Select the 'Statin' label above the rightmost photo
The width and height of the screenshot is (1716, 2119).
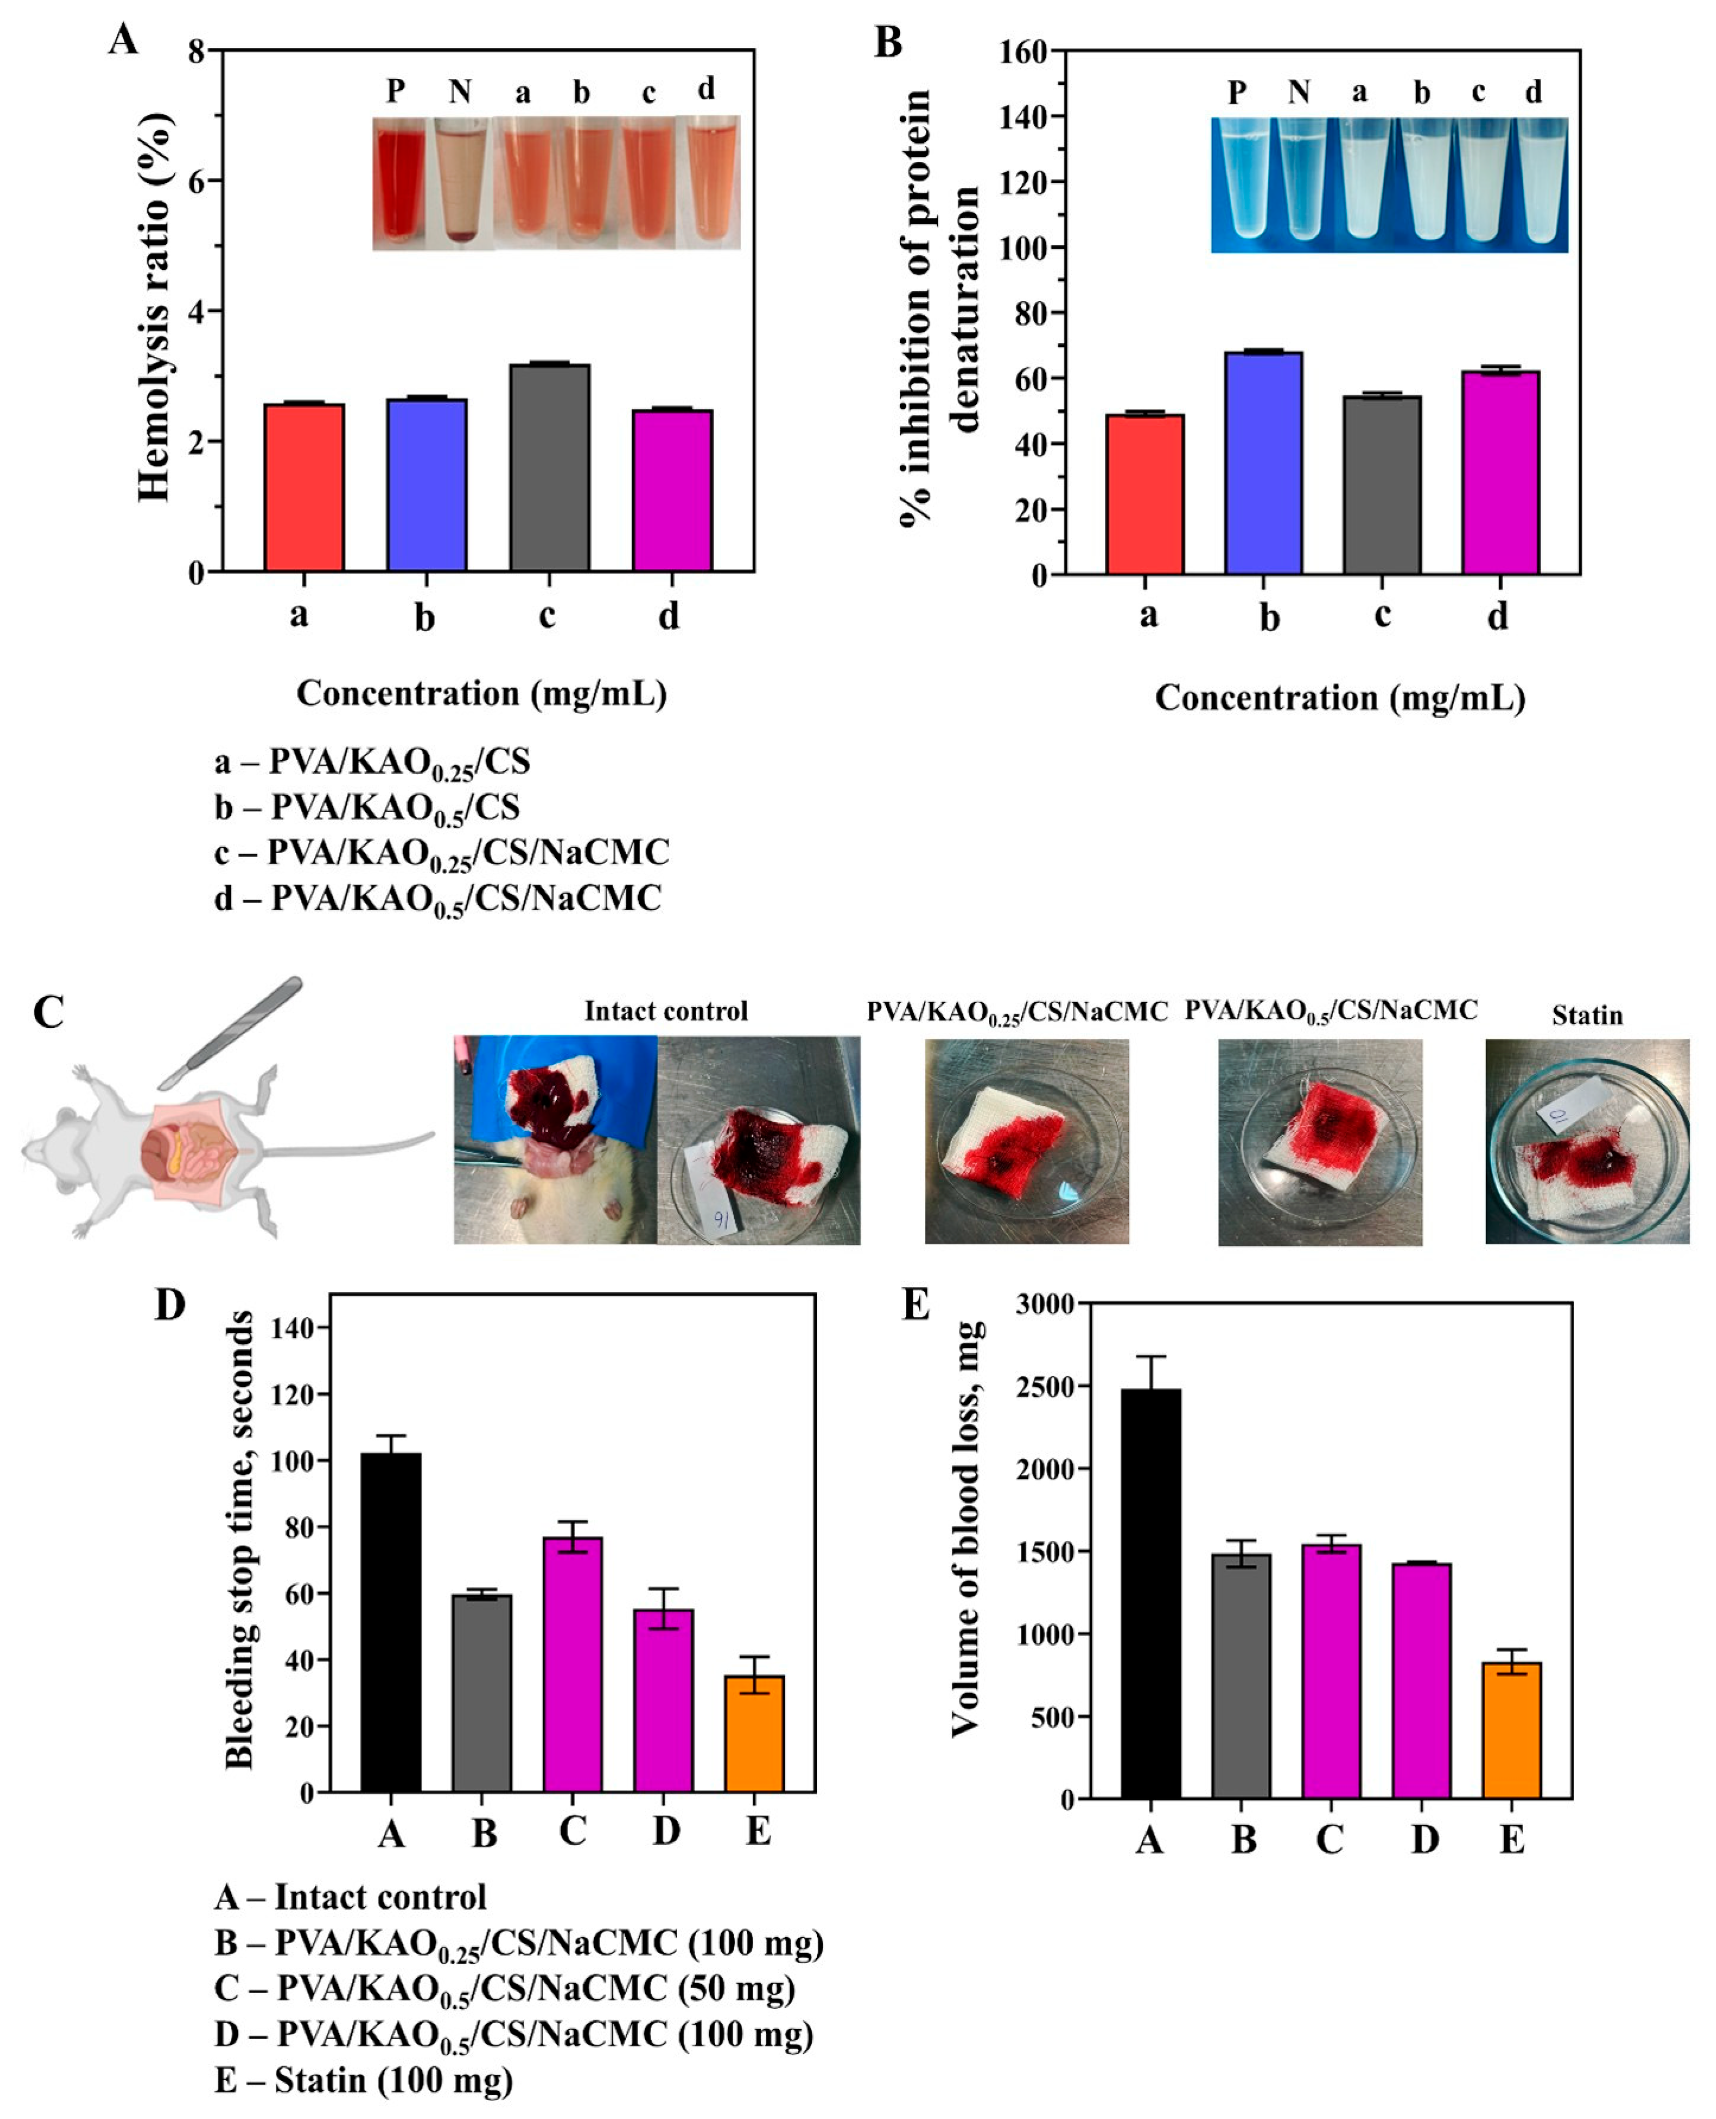click(x=1587, y=1015)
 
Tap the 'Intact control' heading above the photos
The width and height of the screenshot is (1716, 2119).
click(x=665, y=1011)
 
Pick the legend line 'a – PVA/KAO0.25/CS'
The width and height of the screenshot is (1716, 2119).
click(x=372, y=762)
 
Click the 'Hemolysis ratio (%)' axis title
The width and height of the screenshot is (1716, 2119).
click(x=155, y=306)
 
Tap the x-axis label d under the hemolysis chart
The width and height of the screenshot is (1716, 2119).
click(x=669, y=616)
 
